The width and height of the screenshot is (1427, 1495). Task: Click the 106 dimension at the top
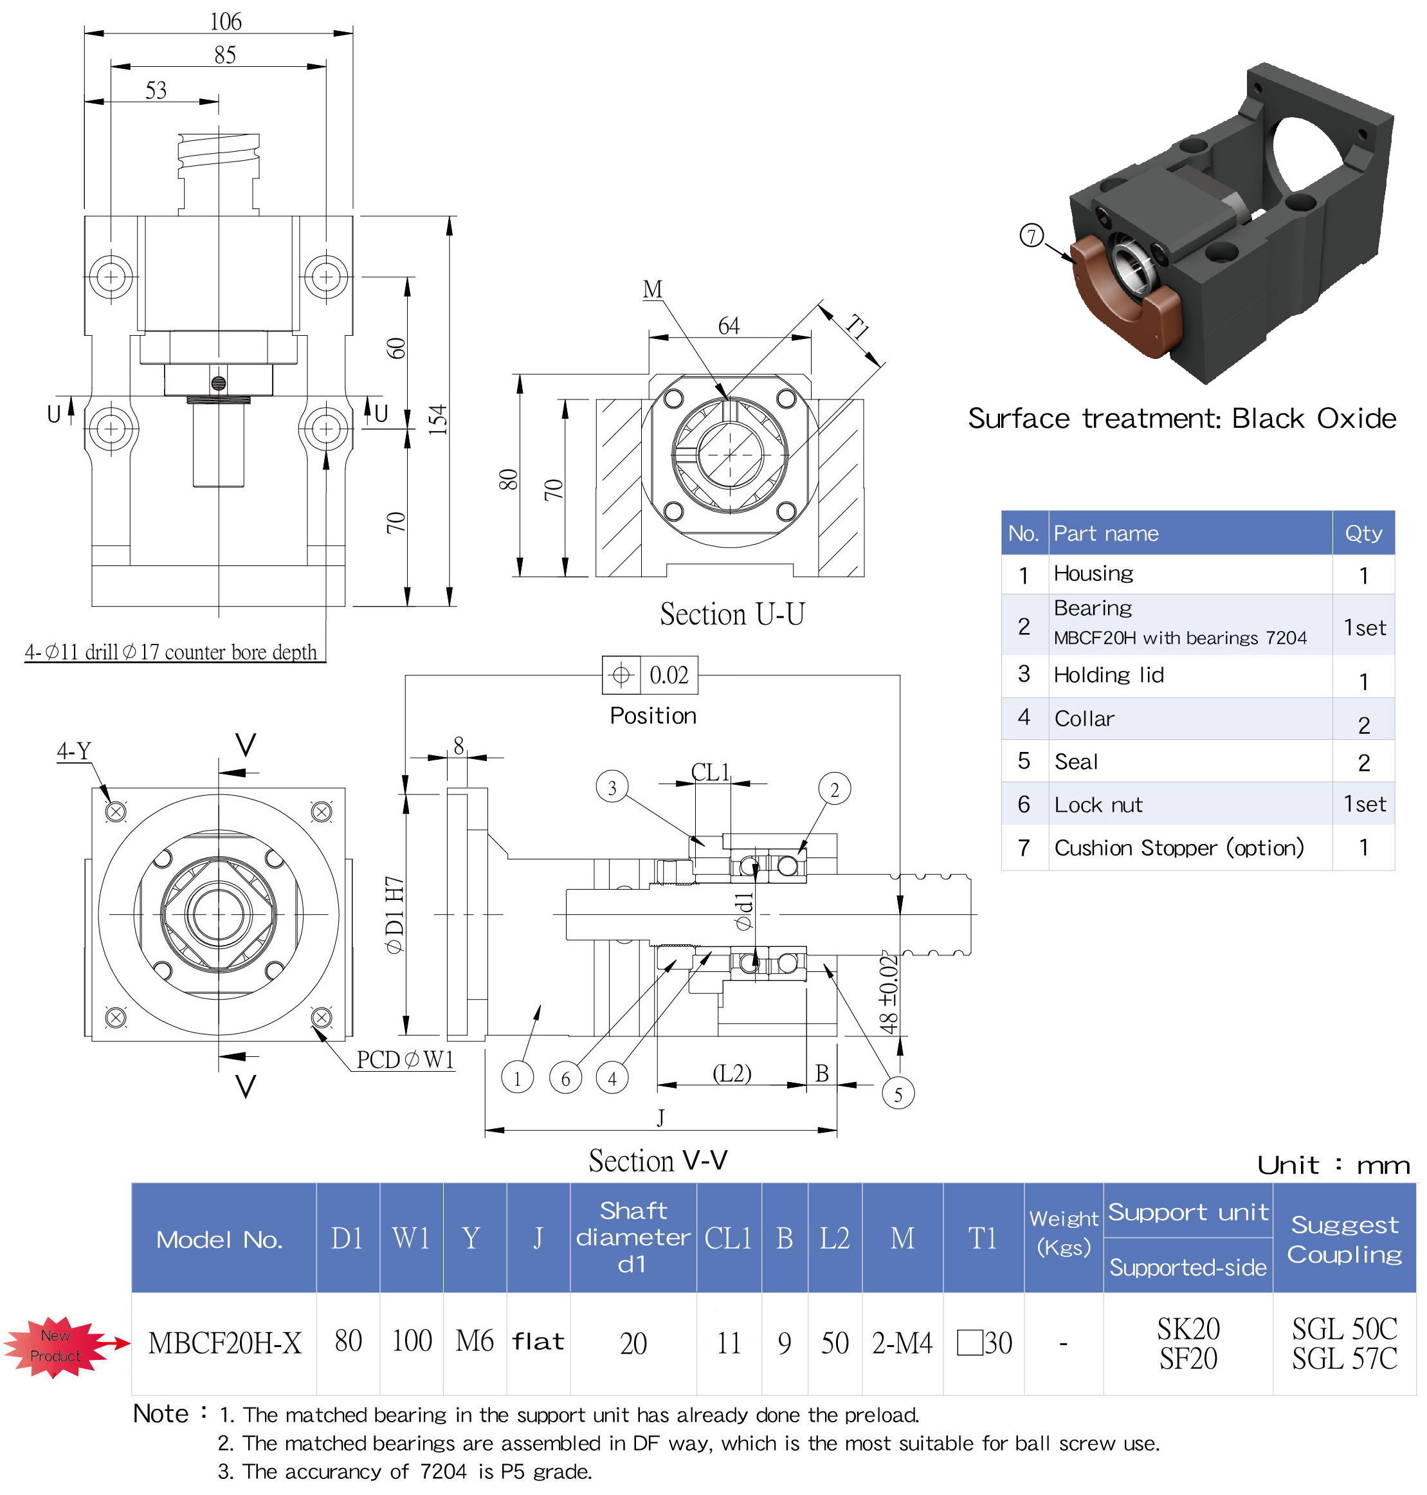coord(225,21)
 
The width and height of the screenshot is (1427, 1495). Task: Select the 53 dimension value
coord(156,91)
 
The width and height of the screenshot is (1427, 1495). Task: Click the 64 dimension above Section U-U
coord(728,326)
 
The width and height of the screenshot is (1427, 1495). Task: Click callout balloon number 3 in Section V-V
coord(612,788)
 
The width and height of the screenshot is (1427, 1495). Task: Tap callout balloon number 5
coord(898,1095)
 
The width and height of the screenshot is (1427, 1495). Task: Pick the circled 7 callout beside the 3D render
coord(1031,236)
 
